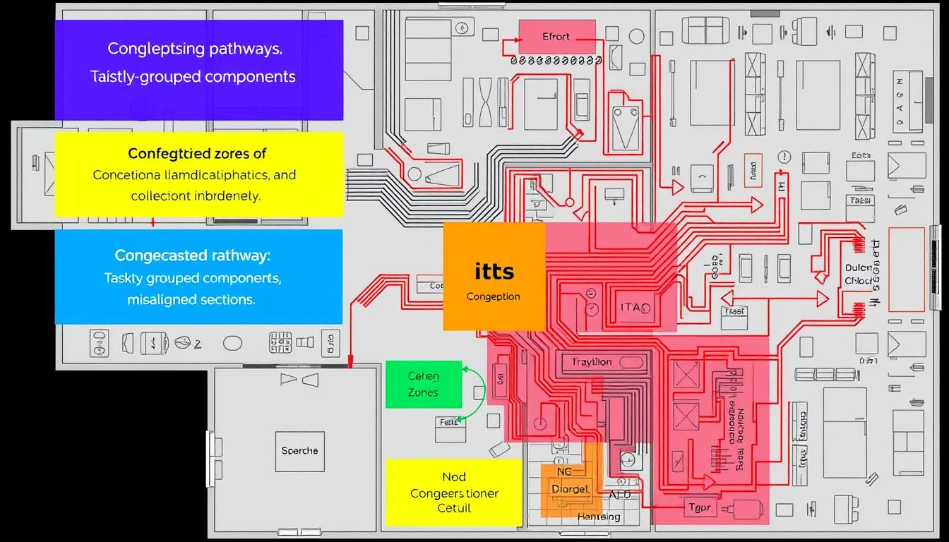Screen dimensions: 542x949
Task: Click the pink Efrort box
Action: (556, 37)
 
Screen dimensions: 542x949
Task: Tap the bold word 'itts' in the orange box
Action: (494, 271)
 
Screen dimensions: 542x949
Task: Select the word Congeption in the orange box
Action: (494, 296)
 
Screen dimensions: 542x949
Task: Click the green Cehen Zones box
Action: (424, 385)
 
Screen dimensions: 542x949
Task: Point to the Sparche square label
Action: (299, 451)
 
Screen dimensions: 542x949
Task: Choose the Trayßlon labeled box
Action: (592, 362)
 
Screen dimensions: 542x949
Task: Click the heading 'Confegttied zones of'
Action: (197, 153)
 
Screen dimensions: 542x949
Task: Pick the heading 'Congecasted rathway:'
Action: (193, 255)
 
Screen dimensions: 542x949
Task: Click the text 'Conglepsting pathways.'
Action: (196, 49)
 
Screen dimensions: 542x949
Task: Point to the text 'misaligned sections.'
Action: (191, 299)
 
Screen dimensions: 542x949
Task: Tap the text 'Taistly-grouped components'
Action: (193, 76)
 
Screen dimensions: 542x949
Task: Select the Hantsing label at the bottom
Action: (599, 517)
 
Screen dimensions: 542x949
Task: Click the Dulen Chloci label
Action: (859, 275)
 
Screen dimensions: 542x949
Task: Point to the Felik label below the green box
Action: (450, 423)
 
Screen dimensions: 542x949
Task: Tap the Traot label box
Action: (734, 311)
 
